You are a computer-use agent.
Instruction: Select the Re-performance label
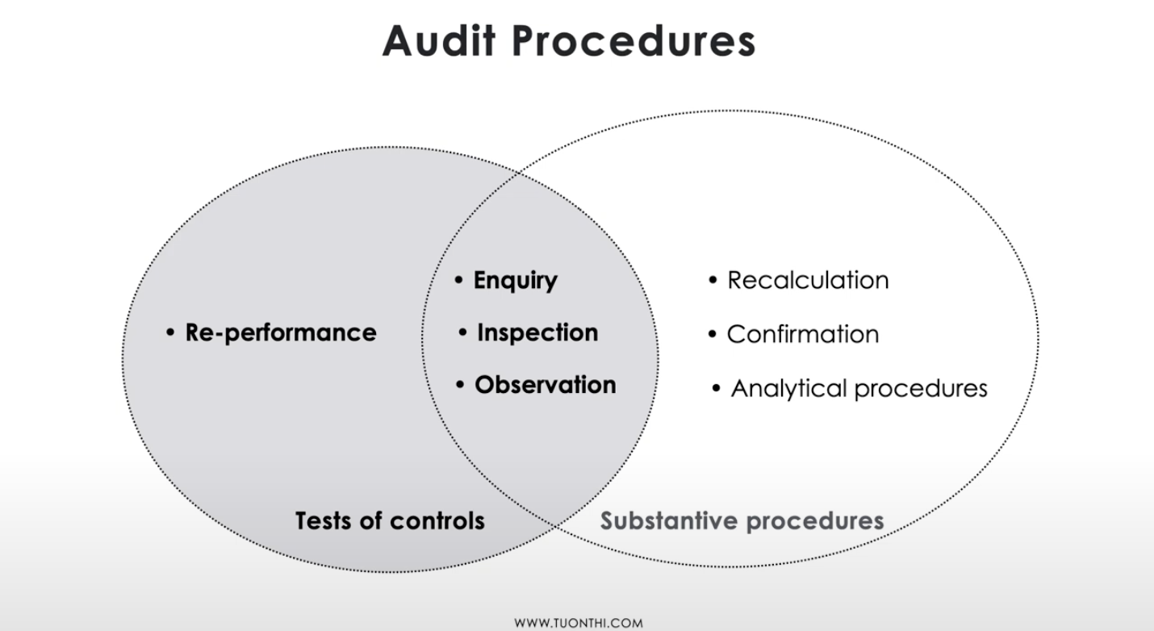281,332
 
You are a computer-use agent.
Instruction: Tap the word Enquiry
515,281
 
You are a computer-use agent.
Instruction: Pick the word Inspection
537,332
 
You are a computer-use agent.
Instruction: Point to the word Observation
545,385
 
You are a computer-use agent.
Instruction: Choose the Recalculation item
808,280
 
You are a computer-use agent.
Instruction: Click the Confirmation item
803,334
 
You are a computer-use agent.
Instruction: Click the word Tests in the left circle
323,520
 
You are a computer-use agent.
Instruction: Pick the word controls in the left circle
437,520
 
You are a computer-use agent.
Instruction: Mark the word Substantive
669,520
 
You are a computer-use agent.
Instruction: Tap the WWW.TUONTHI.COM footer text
579,623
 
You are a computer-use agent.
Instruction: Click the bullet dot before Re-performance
170,332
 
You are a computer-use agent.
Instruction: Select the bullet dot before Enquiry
458,281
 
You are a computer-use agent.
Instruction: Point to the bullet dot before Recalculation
713,281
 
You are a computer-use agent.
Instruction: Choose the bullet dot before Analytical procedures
717,389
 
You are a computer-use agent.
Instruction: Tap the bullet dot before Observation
460,386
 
